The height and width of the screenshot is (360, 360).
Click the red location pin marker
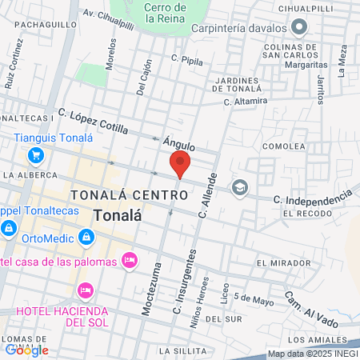pos(180,164)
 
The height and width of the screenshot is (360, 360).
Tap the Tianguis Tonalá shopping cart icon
pos(35,154)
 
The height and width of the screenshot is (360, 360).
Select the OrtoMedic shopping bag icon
pos(86,238)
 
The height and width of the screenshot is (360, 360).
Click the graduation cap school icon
pos(239,187)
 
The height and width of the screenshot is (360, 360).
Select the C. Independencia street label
pos(312,195)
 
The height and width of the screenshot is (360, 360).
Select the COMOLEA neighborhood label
pos(284,146)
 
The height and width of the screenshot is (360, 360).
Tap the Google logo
pos(26,350)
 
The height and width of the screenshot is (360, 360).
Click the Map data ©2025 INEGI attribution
pos(313,353)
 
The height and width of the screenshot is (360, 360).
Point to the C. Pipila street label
pos(188,58)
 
